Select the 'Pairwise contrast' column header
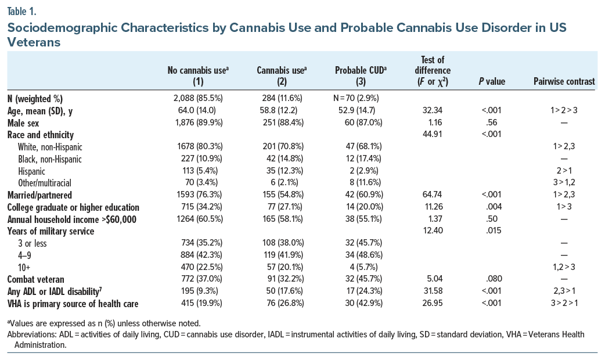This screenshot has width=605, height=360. point(564,82)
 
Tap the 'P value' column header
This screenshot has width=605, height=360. point(491,82)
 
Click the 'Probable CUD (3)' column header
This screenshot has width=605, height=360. point(361,76)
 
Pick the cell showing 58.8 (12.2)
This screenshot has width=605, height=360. point(281,110)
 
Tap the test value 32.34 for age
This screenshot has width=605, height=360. point(430,110)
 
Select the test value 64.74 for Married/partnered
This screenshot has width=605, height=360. point(430,196)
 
